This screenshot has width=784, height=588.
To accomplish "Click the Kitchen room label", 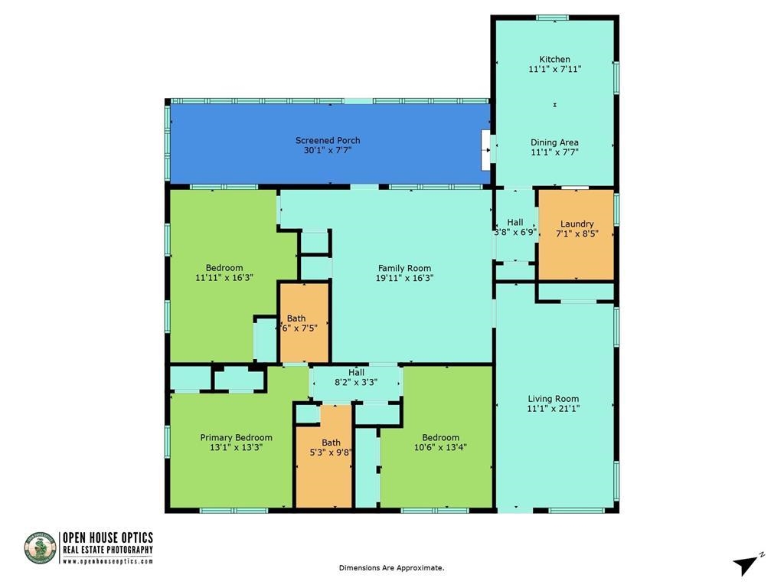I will coord(554,59).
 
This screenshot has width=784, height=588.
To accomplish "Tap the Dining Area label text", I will coord(554,142).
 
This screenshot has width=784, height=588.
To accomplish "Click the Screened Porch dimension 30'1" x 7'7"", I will coord(328,151).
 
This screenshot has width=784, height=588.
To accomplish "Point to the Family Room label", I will coord(404,268).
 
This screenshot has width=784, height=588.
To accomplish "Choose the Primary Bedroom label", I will coord(236,437).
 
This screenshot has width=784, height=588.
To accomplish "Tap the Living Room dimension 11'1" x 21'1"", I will coord(554,409).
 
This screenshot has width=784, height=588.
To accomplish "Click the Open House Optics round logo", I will coord(41,548).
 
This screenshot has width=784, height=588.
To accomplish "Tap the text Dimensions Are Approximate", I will coord(391,568).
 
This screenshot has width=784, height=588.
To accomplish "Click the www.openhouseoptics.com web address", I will coord(107,561).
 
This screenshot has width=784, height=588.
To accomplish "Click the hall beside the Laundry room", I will coord(514,227).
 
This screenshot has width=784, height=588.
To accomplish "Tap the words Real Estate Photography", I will coord(107,550).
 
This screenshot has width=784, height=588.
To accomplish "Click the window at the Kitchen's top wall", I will coord(551,18).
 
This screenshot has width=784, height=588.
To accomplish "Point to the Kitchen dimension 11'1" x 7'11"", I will coord(554,69).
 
